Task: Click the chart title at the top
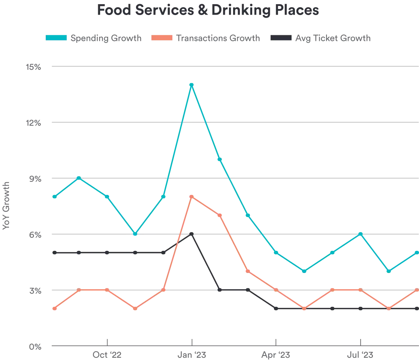[208, 10]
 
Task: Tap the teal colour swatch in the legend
[56, 38]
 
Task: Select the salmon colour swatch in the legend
[162, 38]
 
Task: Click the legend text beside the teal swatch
[107, 38]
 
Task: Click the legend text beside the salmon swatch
[218, 38]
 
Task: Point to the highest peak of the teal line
[192, 84]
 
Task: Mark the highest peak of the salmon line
[192, 196]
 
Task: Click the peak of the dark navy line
[192, 234]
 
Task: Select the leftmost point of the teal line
[54, 197]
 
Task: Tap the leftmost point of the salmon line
[54, 309]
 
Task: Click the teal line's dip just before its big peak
[135, 234]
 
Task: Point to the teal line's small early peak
[79, 177]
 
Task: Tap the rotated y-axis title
[5, 204]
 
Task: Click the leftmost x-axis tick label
[107, 355]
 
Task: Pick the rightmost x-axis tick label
[361, 355]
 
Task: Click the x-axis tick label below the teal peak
[192, 355]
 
